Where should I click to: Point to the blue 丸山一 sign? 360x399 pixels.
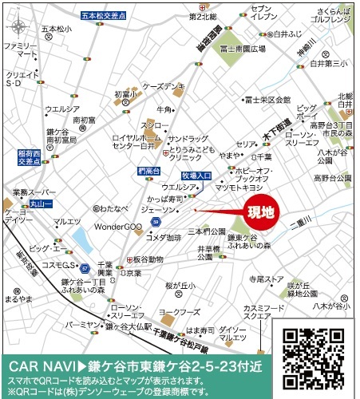coord(39,205)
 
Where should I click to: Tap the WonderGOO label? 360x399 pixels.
coord(119,227)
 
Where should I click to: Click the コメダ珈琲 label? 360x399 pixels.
coord(164,237)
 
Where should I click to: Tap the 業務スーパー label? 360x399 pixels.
coord(30,193)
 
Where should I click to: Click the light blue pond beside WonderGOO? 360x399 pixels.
coord(82,238)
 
